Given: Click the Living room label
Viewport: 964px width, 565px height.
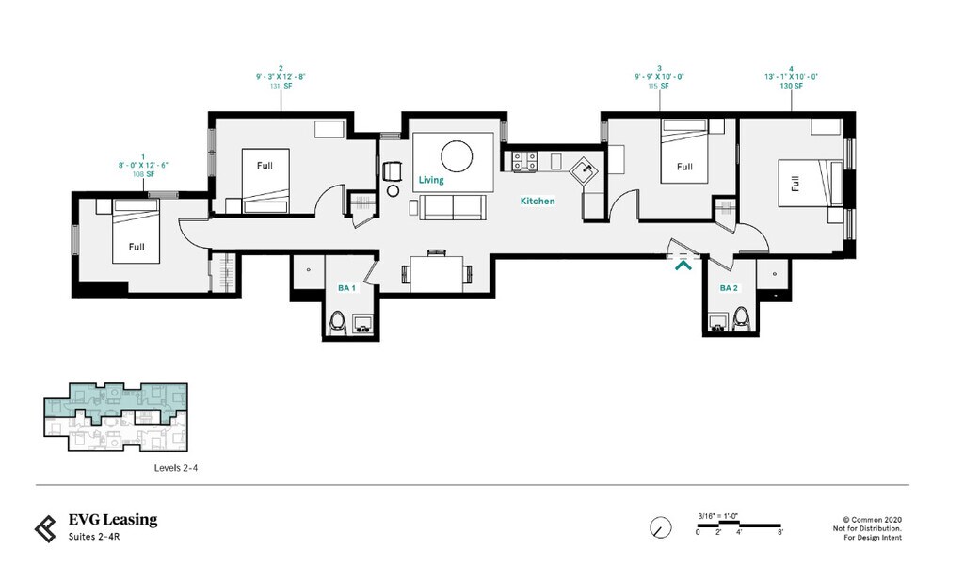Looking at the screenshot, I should (x=431, y=180).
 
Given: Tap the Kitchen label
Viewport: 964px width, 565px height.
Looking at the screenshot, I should (x=538, y=201).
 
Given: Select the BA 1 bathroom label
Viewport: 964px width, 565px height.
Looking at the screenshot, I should (x=346, y=288).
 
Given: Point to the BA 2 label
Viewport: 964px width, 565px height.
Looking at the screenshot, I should (x=730, y=288).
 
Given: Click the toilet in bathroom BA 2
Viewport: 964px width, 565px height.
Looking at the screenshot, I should (x=740, y=318).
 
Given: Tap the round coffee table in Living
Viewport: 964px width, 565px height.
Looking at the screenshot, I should (x=456, y=154).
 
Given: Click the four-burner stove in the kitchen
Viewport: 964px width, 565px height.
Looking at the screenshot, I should (x=522, y=162).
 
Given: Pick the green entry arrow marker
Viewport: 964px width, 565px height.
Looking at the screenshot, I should (x=683, y=266).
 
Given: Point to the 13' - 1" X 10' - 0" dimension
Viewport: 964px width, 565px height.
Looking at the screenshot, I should (x=791, y=77).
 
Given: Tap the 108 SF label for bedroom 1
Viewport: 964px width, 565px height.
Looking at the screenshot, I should (x=143, y=174).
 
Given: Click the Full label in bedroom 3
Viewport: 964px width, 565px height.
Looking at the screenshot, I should (x=684, y=167).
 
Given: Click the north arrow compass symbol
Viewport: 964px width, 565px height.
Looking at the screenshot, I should (x=661, y=526).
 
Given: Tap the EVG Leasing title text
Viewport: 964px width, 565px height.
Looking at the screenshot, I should (x=113, y=520).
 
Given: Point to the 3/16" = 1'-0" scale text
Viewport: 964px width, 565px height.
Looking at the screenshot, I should (x=719, y=514).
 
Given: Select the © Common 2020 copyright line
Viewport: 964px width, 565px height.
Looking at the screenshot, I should (x=872, y=519).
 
